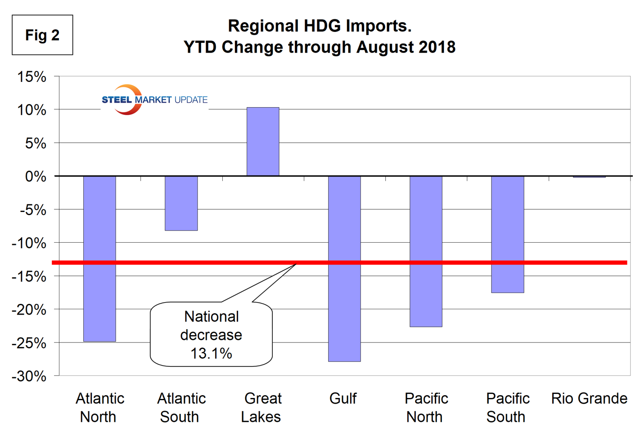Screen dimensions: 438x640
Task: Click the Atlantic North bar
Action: pos(99,258)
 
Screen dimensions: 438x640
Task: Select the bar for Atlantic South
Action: pos(181,203)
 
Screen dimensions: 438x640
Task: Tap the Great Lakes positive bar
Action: pos(263,141)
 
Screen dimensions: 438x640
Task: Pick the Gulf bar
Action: pos(344,268)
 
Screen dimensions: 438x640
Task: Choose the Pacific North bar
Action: pos(426,251)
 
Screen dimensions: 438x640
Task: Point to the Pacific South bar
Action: pos(507,234)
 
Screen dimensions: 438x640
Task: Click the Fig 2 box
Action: pos(42,35)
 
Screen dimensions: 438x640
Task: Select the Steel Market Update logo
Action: pos(154,99)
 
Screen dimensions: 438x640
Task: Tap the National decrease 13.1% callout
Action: pos(211,334)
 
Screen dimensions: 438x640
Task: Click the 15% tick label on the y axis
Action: pos(32,77)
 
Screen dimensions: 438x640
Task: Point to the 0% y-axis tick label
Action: pos(36,176)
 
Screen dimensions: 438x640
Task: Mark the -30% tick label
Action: pos(29,376)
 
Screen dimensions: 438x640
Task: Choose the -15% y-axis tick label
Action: pos(29,276)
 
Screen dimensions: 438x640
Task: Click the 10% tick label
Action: pos(32,110)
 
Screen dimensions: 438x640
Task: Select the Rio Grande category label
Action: pos(589,398)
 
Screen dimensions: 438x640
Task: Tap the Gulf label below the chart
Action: pos(343,398)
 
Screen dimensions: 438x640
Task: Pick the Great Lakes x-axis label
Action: pos(262,407)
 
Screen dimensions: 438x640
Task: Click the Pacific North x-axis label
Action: pos(426,407)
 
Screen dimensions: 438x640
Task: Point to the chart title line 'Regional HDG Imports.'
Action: pos(320,26)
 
